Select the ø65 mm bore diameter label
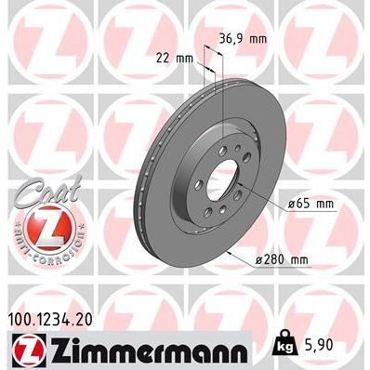pos(311,203)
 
